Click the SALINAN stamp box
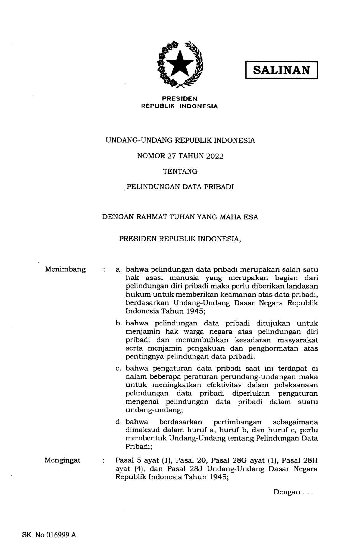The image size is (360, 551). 282,70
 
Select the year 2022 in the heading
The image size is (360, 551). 215,156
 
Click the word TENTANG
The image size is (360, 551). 180,171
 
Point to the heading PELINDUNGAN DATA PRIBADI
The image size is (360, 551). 180,187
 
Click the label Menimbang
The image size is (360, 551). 65,269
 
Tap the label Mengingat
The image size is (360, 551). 63,460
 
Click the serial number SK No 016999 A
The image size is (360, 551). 49,534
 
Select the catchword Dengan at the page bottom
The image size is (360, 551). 287,492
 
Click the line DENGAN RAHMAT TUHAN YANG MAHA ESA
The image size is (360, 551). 180,217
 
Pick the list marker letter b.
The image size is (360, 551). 119,323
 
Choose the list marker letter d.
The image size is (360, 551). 119,422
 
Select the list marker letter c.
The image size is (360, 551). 119,369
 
